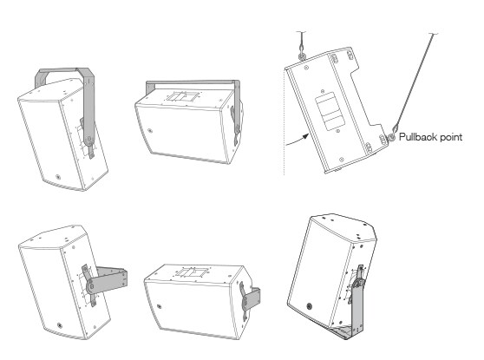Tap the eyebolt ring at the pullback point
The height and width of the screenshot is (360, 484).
[x=391, y=137]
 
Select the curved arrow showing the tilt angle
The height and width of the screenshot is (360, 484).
[x=298, y=140]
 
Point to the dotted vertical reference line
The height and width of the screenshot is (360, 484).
[x=285, y=122]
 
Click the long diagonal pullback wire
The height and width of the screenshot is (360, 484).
[x=415, y=82]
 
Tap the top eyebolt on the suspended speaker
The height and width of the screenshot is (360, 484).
[x=301, y=56]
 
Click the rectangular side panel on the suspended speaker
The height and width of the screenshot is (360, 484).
[x=330, y=110]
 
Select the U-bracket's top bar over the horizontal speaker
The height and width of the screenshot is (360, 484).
[x=192, y=82]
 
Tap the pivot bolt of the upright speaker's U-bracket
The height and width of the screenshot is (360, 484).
[x=88, y=139]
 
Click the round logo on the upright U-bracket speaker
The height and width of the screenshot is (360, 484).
[x=58, y=177]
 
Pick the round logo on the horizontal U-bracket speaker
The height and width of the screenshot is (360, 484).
[x=150, y=131]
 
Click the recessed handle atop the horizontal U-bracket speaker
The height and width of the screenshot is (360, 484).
[x=182, y=96]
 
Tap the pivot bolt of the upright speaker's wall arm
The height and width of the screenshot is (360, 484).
[x=91, y=287]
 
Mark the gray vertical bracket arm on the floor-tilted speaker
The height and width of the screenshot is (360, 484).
[x=357, y=305]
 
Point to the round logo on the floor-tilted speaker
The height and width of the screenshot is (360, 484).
[x=309, y=306]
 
